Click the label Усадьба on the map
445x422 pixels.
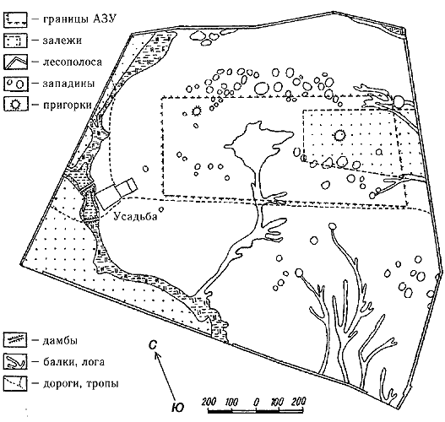pos(135,216)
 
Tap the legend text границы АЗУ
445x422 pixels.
pos(80,19)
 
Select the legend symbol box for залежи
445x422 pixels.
pos(15,41)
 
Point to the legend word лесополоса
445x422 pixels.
pos(73,62)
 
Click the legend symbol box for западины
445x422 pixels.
pos(16,84)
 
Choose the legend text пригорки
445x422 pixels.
pos(68,105)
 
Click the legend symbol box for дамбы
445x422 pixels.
pos(15,340)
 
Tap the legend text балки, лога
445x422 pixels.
pos(73,362)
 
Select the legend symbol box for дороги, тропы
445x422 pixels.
pos(15,384)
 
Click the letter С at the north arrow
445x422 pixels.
pos(153,344)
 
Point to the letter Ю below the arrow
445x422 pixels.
pos(178,408)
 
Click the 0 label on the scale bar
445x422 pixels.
pos(256,402)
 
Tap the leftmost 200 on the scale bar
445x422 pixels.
pos(209,402)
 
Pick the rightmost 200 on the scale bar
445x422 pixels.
pos(298,402)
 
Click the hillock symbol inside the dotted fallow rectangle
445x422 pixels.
pos(339,135)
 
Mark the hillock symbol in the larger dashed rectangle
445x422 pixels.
pos(196,111)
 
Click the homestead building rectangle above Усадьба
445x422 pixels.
pos(117,193)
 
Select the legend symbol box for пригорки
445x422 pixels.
pos(16,104)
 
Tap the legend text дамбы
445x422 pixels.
pos(60,340)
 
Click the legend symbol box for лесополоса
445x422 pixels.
pos(15,62)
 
